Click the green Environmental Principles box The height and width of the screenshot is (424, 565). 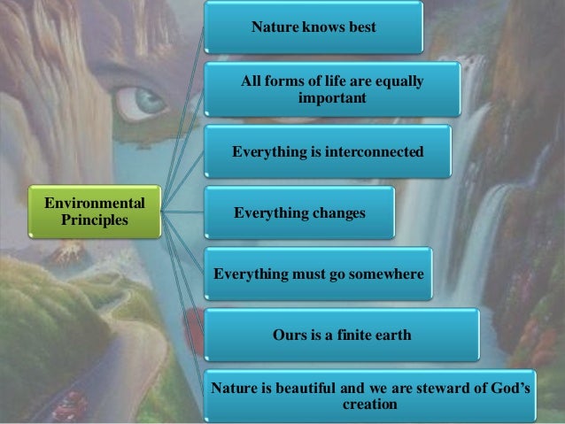click(94, 212)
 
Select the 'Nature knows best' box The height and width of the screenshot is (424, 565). click(313, 27)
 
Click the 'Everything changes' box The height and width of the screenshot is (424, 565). click(299, 212)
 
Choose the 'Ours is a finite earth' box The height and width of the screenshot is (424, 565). click(341, 335)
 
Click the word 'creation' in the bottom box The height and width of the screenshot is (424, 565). click(369, 405)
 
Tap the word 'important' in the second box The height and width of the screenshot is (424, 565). click(332, 98)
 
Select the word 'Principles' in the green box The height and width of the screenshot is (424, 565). click(94, 219)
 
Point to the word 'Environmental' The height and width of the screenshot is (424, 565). click(94, 203)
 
